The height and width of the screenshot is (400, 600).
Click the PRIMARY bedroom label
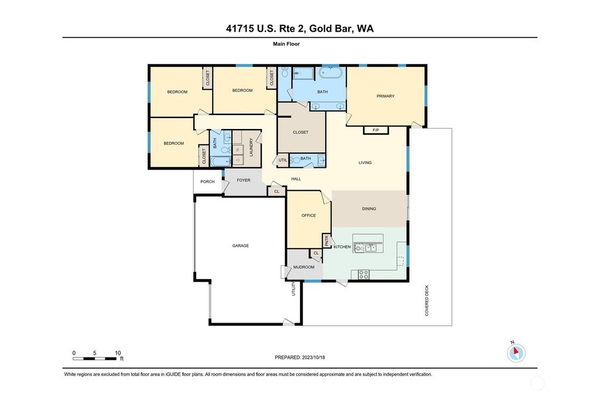(x=385, y=96)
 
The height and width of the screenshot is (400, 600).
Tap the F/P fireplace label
(x=376, y=130)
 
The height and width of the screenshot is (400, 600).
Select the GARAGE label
(x=240, y=246)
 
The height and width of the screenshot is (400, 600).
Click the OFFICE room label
(x=308, y=215)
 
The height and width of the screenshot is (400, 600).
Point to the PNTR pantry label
(x=327, y=241)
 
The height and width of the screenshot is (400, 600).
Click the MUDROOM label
(x=304, y=267)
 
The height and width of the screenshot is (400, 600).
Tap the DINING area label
(x=369, y=209)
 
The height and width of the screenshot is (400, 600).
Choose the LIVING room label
(x=365, y=162)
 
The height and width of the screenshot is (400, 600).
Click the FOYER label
(x=243, y=181)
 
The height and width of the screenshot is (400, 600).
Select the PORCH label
(x=207, y=182)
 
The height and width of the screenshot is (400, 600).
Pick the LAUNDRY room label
(x=251, y=146)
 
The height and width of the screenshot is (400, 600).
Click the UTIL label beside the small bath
(x=282, y=160)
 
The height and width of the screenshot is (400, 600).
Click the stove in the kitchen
(x=363, y=273)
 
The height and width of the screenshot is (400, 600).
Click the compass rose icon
(x=516, y=352)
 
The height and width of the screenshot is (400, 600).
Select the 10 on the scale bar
(x=118, y=353)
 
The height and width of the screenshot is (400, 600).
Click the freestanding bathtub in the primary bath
(x=331, y=74)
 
